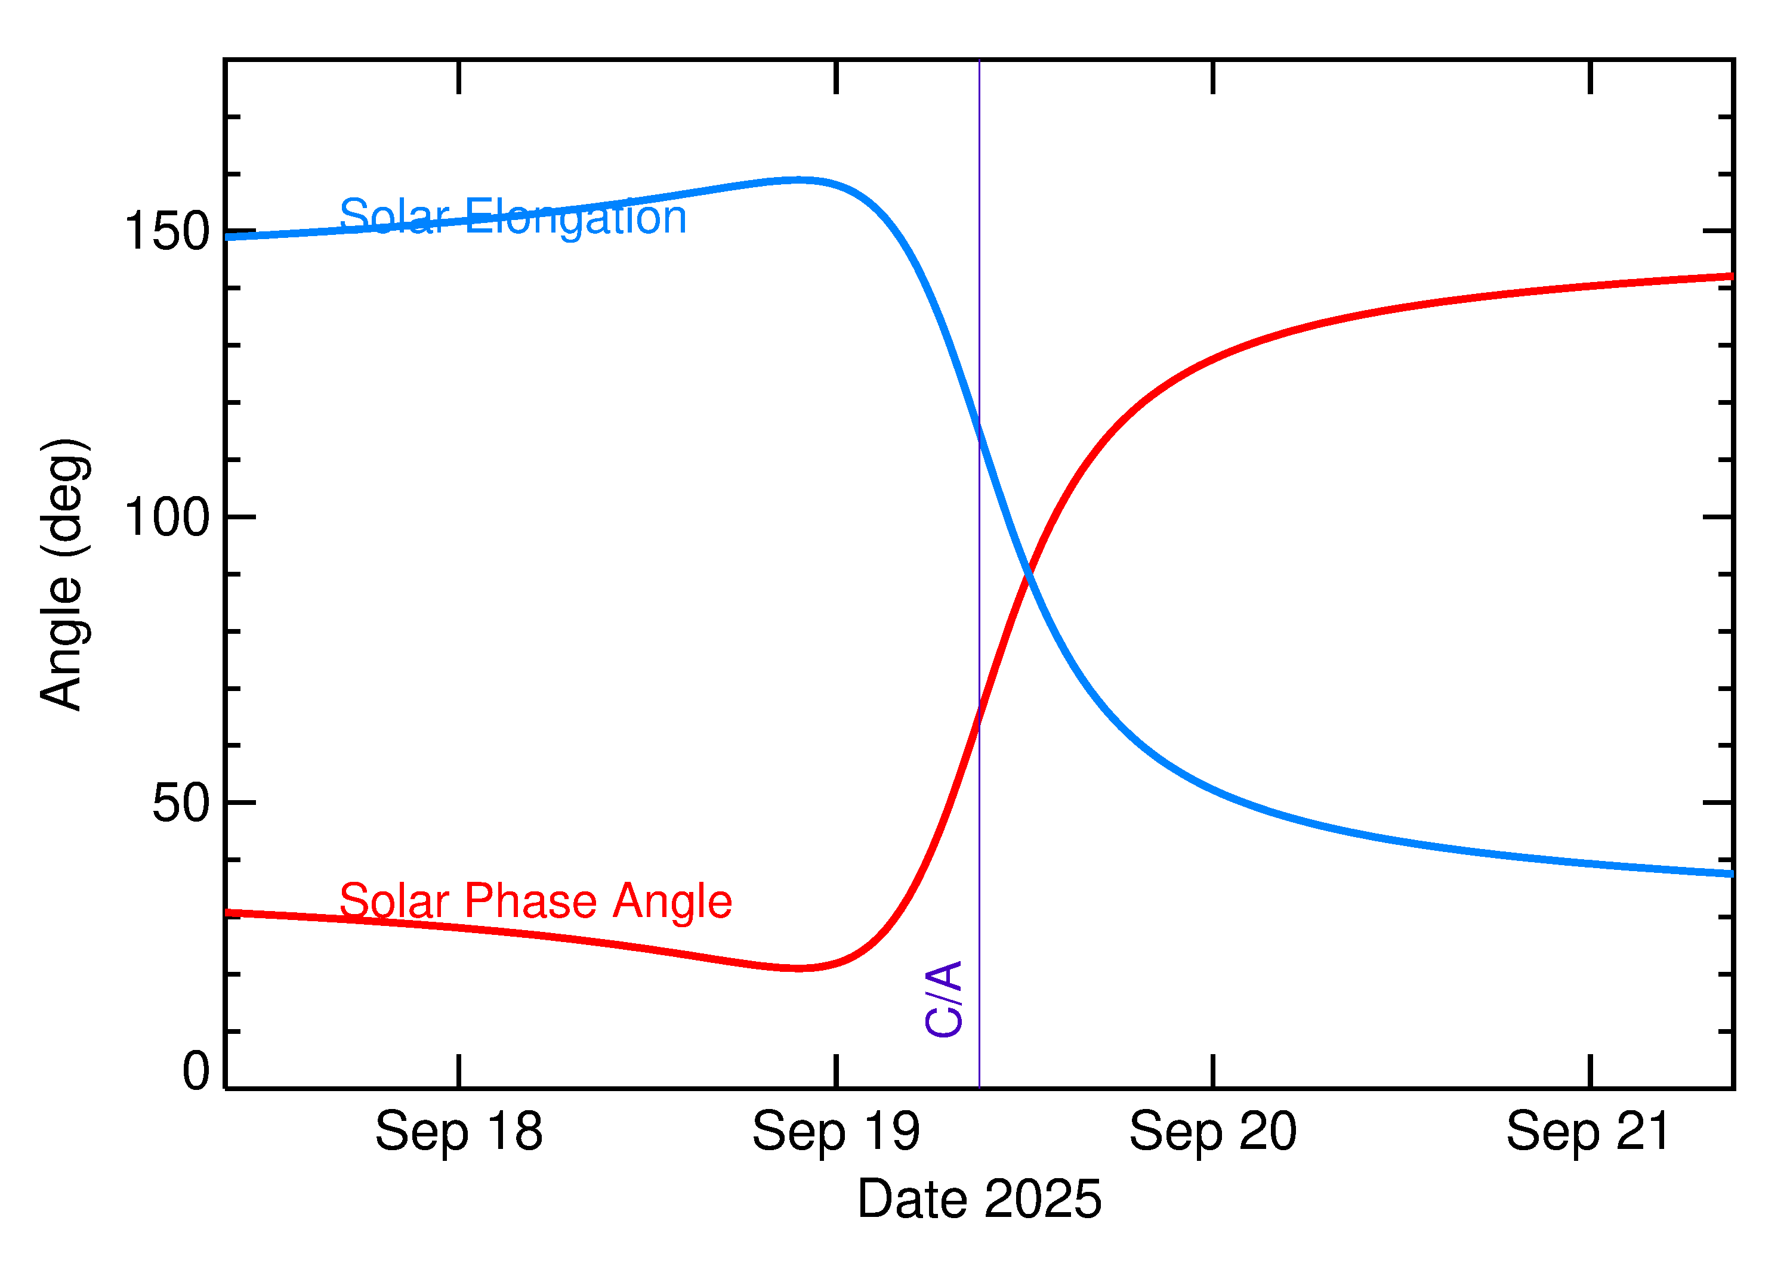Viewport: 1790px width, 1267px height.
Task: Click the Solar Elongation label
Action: tap(513, 217)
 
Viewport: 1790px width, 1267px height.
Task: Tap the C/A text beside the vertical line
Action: tap(943, 999)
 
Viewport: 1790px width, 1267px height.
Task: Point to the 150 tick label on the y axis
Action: tap(167, 232)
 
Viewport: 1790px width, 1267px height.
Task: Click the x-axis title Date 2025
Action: tap(979, 1198)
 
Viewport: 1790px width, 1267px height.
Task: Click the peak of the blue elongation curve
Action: tap(798, 180)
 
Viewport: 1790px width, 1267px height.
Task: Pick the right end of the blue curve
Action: tap(1731, 875)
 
